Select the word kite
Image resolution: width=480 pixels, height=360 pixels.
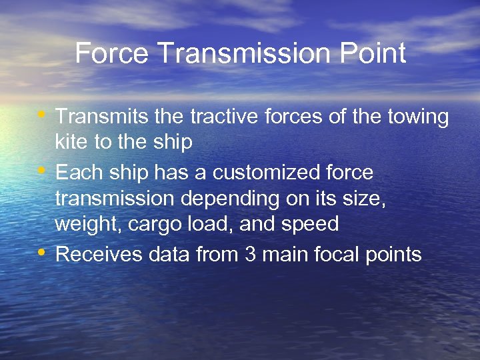pos(69,142)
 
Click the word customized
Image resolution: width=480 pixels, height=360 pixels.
pos(266,173)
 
